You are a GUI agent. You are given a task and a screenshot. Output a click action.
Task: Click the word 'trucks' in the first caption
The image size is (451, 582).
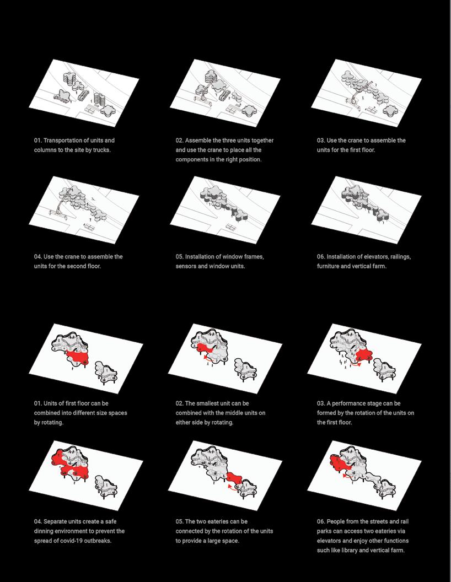click(x=101, y=150)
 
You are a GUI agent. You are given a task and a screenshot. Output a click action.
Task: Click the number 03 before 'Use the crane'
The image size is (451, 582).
click(x=321, y=141)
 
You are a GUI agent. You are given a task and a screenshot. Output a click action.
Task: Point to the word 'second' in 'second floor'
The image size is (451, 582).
click(x=77, y=266)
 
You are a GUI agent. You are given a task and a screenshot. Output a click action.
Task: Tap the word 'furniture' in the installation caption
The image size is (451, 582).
click(x=329, y=266)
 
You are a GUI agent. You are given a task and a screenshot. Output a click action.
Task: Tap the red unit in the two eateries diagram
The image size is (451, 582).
click(x=234, y=478)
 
